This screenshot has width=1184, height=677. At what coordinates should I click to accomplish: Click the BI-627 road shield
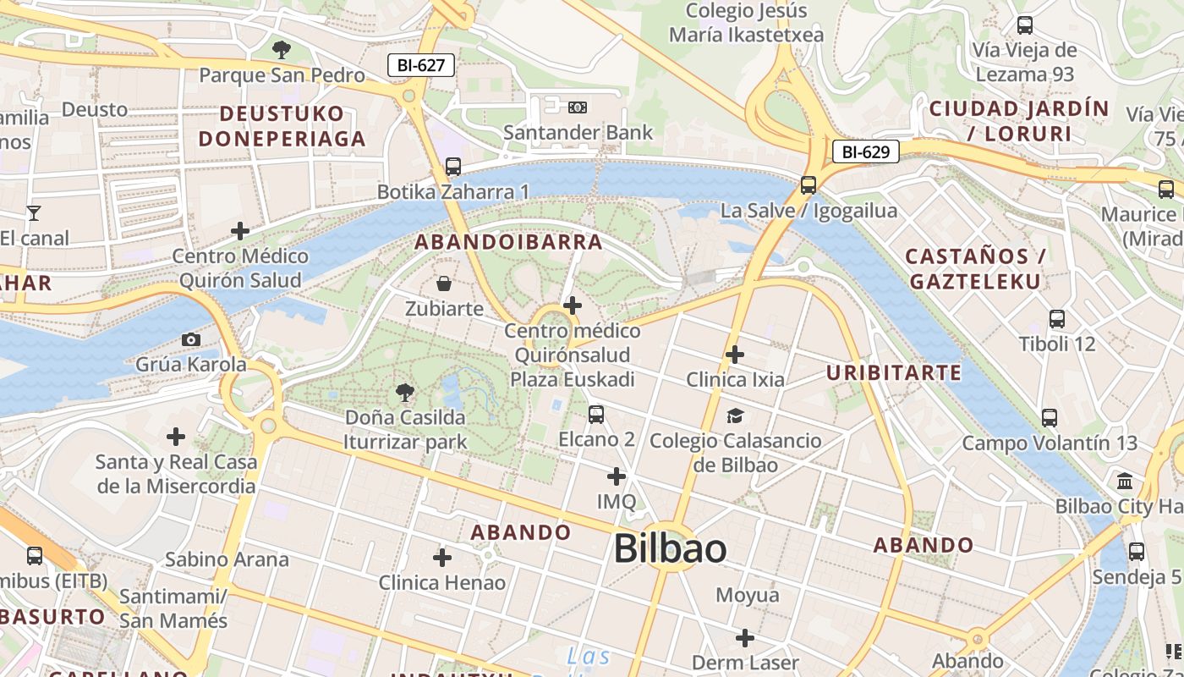click(x=421, y=65)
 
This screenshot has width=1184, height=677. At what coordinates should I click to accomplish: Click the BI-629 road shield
click(x=866, y=152)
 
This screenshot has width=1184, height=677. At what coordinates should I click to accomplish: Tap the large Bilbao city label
click(x=670, y=548)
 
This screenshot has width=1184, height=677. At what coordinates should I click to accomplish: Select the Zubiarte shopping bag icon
click(x=443, y=283)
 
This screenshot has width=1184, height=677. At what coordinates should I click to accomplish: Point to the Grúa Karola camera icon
click(x=191, y=340)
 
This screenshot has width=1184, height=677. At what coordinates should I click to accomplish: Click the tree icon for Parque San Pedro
click(x=282, y=50)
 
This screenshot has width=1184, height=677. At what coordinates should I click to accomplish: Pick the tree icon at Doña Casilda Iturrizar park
click(x=405, y=392)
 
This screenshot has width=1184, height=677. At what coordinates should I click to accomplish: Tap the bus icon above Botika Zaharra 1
click(x=453, y=167)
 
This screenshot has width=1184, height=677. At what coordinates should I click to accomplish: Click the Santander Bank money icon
click(x=578, y=107)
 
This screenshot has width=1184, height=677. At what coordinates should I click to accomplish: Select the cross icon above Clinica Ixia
click(x=735, y=354)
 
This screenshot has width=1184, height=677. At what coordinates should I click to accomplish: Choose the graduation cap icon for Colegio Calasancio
click(x=735, y=416)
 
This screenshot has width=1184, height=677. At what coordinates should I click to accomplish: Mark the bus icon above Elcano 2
click(x=596, y=414)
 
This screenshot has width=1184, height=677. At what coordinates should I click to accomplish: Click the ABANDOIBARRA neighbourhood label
click(x=508, y=242)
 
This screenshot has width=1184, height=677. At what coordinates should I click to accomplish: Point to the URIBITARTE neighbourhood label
click(x=894, y=372)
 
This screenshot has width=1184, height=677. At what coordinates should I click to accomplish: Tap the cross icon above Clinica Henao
click(x=441, y=557)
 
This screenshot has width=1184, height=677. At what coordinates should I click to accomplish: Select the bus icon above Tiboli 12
click(x=1057, y=319)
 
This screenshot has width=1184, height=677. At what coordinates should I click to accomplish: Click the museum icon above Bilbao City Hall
click(x=1125, y=482)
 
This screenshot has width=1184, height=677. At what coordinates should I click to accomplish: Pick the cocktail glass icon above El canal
click(x=34, y=212)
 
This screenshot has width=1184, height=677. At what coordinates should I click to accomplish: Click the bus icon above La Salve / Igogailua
click(x=809, y=184)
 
